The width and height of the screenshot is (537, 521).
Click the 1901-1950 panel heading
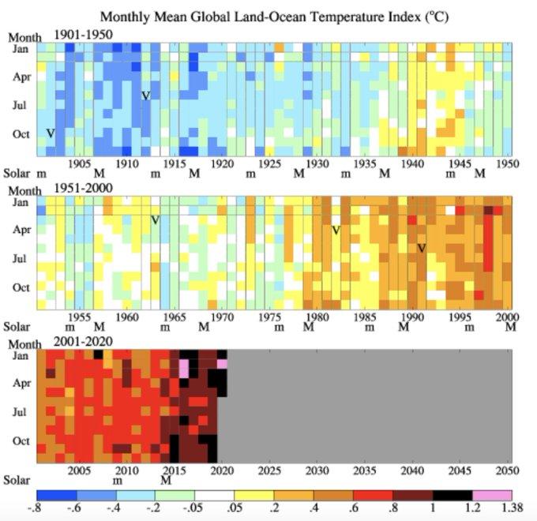pos(83,34)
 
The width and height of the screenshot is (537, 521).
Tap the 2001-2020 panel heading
pos(83,341)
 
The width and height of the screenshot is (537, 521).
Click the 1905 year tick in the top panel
pos(78,163)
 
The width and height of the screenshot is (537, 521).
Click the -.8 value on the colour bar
pos(35,510)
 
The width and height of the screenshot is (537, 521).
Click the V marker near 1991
pos(422,248)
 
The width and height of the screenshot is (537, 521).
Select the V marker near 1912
pos(145,96)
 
